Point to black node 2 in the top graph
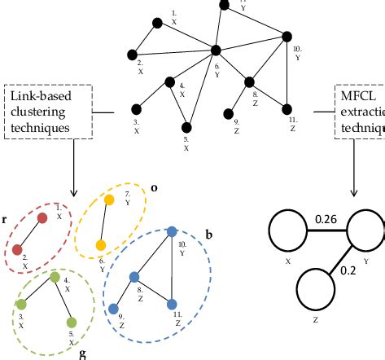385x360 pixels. click(x=133, y=55)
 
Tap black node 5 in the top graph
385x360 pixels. click(x=187, y=126)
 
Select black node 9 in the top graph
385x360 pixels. click(x=228, y=113)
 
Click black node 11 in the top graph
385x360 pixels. click(x=287, y=108)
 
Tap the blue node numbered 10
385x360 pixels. click(x=171, y=232)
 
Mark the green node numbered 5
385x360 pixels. click(x=72, y=322)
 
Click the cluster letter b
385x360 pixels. click(x=208, y=235)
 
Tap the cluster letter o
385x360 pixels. click(x=154, y=187)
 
